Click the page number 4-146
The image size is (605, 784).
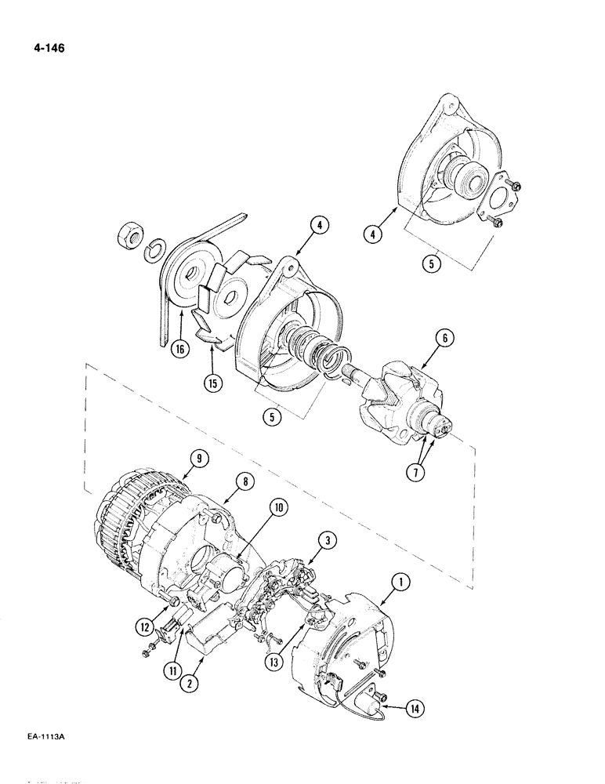(x=47, y=49)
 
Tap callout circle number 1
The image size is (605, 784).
(x=401, y=583)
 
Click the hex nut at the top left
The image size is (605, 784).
(x=129, y=235)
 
